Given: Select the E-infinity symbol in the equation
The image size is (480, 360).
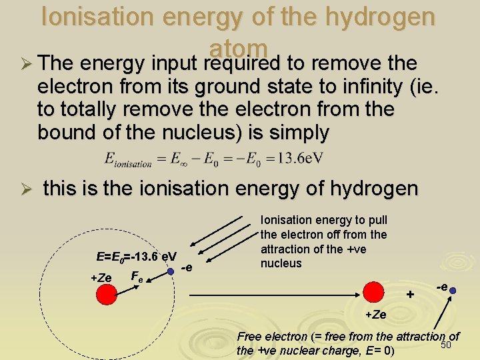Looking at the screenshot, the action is (175, 159).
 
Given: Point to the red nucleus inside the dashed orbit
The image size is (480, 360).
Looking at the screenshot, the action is (106, 294).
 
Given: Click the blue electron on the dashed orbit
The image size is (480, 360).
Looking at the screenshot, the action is (171, 271).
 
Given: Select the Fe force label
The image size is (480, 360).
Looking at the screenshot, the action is (136, 275).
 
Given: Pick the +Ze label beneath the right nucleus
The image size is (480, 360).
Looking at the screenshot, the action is (376, 314).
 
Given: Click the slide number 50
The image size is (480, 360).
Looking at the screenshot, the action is (447, 345).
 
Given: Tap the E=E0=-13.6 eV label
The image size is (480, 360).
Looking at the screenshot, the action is (136, 257).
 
